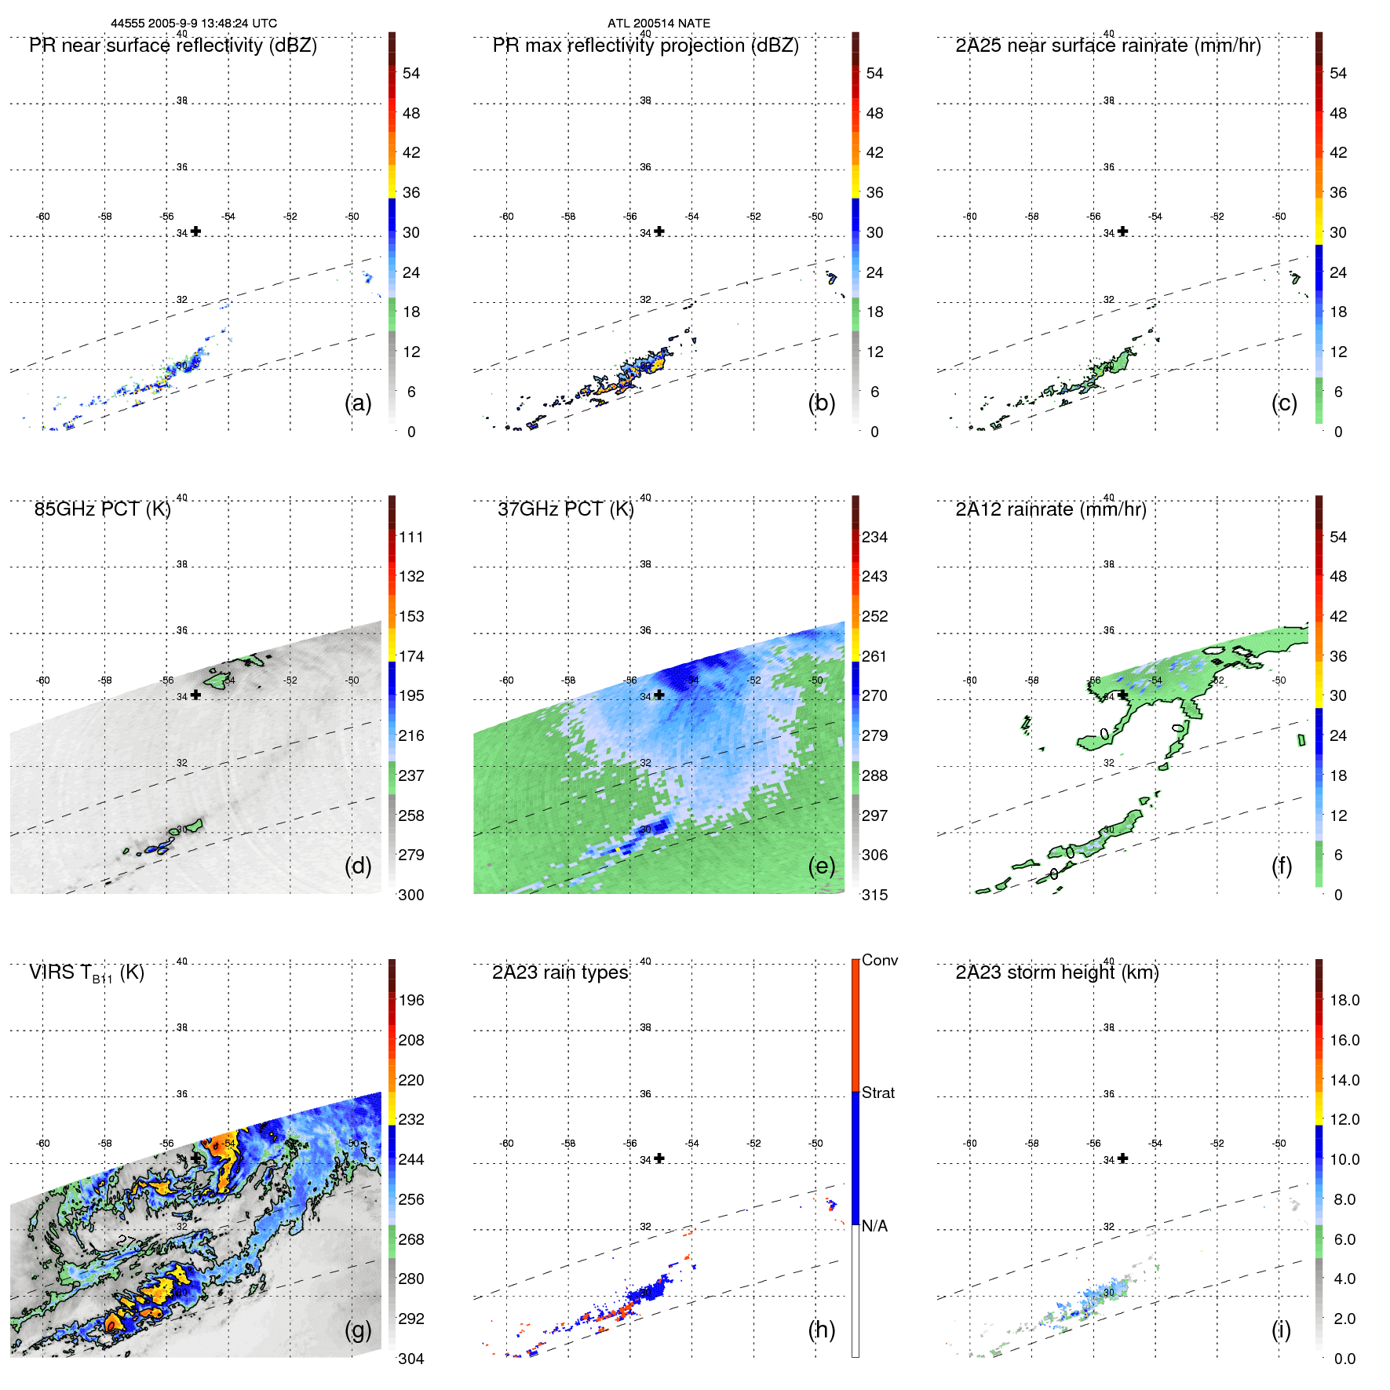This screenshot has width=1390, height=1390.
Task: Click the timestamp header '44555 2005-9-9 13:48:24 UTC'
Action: click(193, 24)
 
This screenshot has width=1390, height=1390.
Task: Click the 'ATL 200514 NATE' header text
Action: click(659, 24)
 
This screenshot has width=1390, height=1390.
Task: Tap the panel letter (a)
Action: click(358, 403)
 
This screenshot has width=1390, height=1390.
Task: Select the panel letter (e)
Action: click(822, 866)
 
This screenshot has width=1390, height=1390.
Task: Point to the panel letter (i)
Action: click(1281, 1330)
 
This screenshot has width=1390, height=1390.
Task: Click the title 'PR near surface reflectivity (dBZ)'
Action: click(173, 46)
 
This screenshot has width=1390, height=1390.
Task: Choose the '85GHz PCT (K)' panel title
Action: click(102, 509)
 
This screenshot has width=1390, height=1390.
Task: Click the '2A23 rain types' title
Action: click(560, 972)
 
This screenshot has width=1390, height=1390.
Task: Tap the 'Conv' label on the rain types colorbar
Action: click(879, 960)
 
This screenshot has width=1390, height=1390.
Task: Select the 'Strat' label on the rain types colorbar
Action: click(877, 1093)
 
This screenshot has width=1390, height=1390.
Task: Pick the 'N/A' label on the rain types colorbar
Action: click(874, 1226)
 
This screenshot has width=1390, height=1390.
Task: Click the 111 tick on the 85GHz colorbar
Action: click(411, 537)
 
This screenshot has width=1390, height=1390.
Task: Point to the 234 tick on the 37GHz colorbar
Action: click(874, 537)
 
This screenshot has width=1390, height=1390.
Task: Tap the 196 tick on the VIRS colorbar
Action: click(411, 1000)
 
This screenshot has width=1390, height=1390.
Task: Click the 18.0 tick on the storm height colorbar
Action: click(1344, 1000)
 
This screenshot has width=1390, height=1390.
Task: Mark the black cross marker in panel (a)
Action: click(195, 232)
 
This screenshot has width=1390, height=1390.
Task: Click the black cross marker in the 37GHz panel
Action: click(659, 695)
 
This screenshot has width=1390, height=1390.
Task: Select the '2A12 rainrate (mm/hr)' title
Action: click(1051, 509)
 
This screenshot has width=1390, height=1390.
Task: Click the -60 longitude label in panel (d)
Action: click(43, 680)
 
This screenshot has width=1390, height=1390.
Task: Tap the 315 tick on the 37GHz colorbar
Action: click(874, 895)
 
